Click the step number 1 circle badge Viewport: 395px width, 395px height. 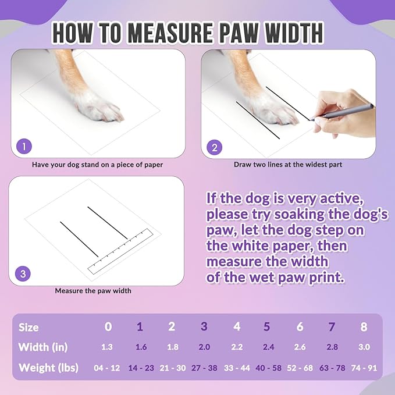pyautogui.click(x=24, y=147)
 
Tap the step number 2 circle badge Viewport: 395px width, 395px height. pyautogui.click(x=214, y=147)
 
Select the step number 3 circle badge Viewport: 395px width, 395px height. pyautogui.click(x=23, y=273)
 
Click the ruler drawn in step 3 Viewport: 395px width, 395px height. pyautogui.click(x=119, y=251)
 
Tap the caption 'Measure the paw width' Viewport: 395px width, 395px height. pyautogui.click(x=93, y=290)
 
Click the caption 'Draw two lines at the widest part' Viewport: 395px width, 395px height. pyautogui.click(x=288, y=165)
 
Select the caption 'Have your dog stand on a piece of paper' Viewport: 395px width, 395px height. pyautogui.click(x=97, y=165)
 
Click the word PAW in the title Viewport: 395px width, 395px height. pyautogui.click(x=228, y=33)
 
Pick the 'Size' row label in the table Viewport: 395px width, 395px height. pyautogui.click(x=29, y=328)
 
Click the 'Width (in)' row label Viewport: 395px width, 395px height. pyautogui.click(x=42, y=347)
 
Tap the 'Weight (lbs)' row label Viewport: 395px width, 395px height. pyautogui.click(x=49, y=368)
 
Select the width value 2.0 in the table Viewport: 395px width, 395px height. pyautogui.click(x=204, y=347)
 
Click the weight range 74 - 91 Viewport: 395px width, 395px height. pyautogui.click(x=364, y=368)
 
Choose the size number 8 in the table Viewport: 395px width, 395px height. pyautogui.click(x=364, y=327)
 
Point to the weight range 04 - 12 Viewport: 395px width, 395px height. pyautogui.click(x=108, y=368)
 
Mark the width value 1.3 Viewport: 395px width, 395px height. pyautogui.click(x=108, y=347)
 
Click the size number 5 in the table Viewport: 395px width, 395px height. pyautogui.click(x=267, y=327)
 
